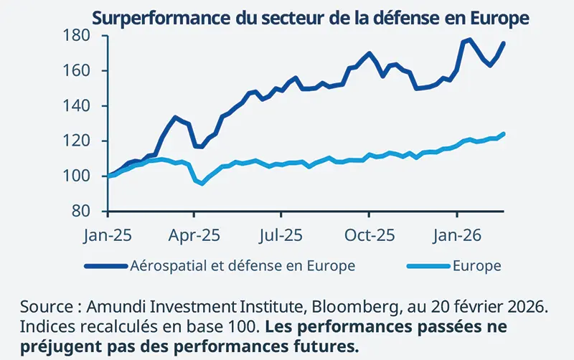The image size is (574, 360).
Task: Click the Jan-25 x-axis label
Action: [107, 235]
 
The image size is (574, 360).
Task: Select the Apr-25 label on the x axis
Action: [194, 235]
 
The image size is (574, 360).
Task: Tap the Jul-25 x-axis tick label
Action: [281, 235]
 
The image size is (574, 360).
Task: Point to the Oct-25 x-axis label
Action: [369, 235]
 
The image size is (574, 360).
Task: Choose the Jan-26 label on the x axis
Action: [457, 235]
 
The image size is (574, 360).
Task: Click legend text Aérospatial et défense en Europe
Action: [243, 266]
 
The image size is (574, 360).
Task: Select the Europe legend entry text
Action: [476, 266]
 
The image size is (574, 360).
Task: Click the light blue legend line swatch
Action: [428, 266]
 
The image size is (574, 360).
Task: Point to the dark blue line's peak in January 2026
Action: [470, 39]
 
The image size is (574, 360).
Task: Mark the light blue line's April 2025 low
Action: [202, 184]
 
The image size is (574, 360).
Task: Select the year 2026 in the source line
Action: [530, 307]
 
